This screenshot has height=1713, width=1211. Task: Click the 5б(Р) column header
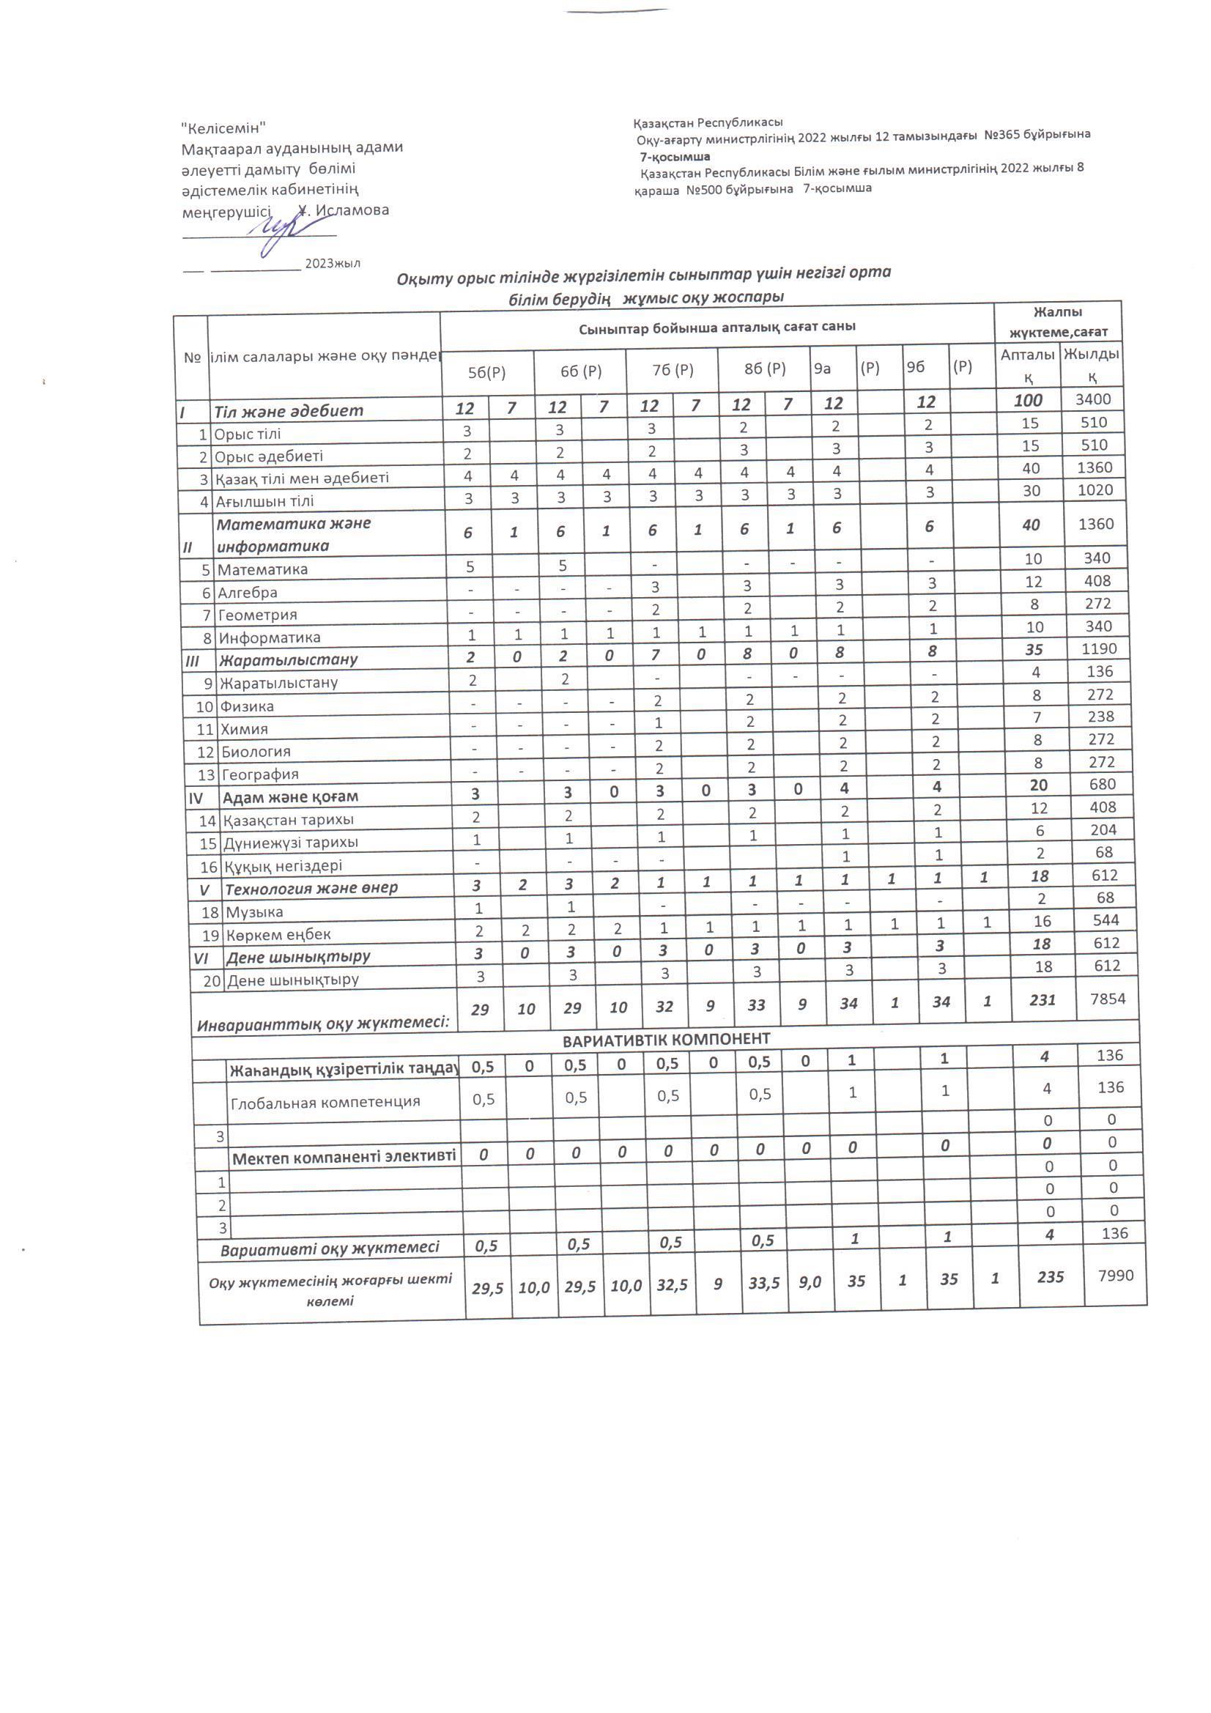[486, 373]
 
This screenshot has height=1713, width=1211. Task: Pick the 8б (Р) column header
[765, 369]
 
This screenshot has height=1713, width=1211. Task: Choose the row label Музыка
[254, 911]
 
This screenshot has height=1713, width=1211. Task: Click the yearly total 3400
[1093, 399]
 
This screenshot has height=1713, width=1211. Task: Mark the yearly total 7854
[1107, 998]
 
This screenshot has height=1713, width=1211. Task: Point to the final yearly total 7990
[1116, 1275]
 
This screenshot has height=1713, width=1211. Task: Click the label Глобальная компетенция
[325, 1102]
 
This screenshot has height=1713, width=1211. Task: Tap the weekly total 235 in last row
[1050, 1277]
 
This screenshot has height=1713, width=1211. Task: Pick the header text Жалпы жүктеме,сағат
[1057, 322]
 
